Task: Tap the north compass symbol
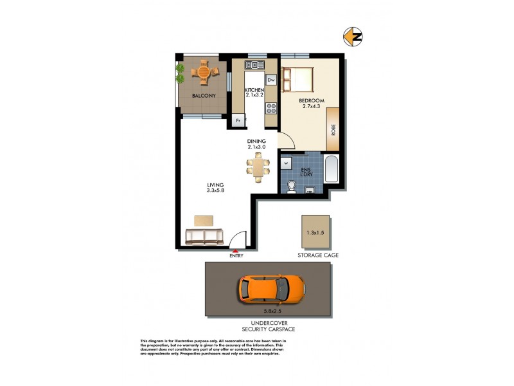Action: (353, 37)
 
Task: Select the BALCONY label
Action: (204, 96)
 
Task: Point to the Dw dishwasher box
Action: (271, 80)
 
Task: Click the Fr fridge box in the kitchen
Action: (238, 120)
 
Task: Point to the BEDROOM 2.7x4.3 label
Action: (312, 104)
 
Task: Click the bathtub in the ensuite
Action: (332, 169)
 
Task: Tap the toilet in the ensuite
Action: (292, 186)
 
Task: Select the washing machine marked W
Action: (287, 163)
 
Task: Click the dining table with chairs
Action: (258, 167)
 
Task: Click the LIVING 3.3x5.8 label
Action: (197, 188)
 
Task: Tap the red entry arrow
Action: (236, 251)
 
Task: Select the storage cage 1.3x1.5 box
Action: (315, 231)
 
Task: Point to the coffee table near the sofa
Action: (204, 221)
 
